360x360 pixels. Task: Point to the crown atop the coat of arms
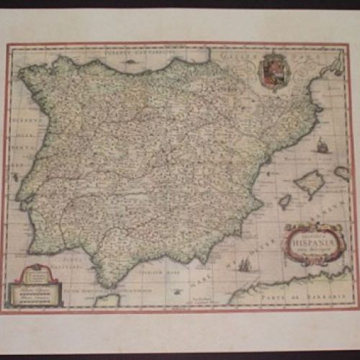click(x=272, y=55)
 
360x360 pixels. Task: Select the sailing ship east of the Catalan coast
click(x=323, y=145)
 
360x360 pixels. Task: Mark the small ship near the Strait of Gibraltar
click(x=178, y=291)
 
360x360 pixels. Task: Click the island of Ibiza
click(x=285, y=202)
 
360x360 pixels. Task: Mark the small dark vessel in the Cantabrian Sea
click(x=131, y=60)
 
